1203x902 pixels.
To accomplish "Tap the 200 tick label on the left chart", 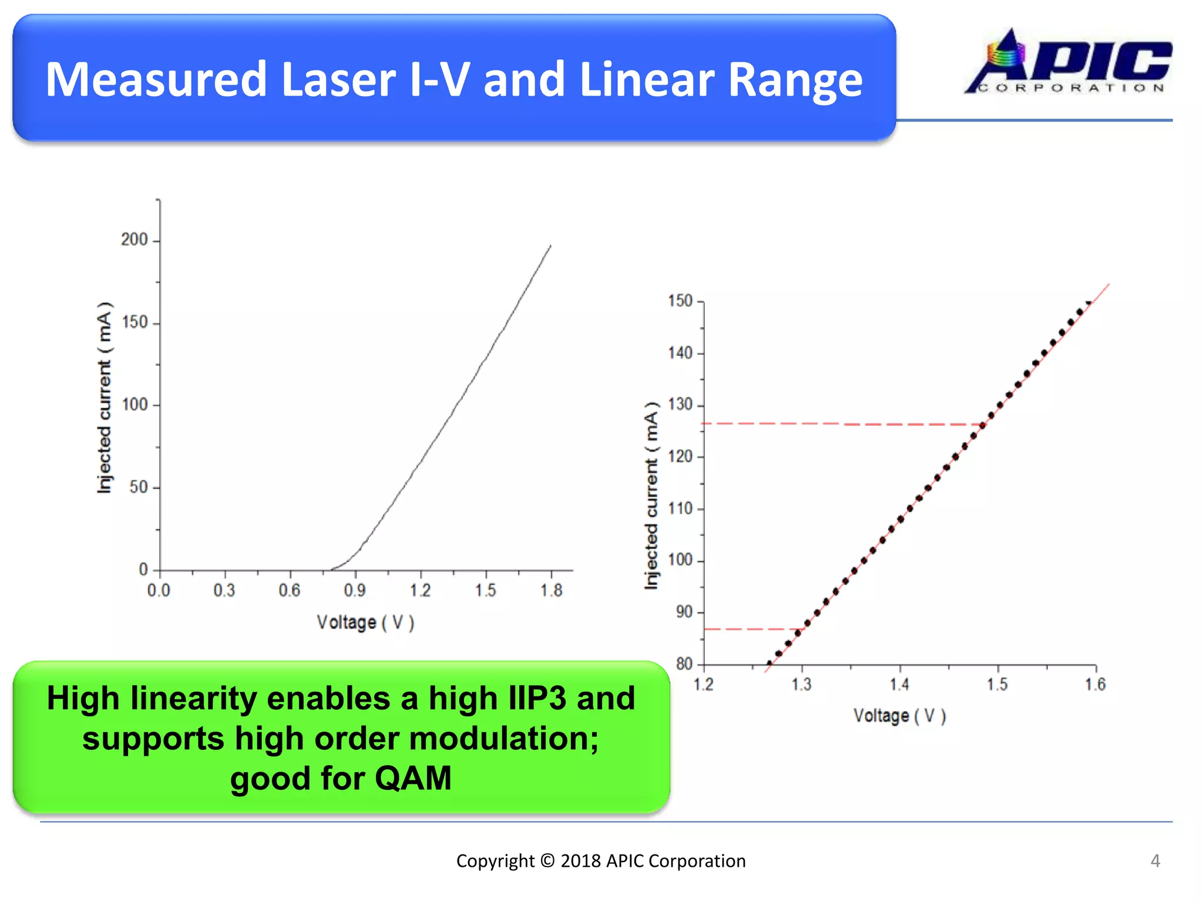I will pyautogui.click(x=135, y=240).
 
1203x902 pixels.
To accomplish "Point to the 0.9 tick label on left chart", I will pyautogui.click(x=355, y=590).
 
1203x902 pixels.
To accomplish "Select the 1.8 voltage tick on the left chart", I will pyautogui.click(x=551, y=590).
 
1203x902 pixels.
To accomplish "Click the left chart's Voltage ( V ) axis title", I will pyautogui.click(x=365, y=622).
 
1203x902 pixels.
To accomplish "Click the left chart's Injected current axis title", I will pyautogui.click(x=104, y=398).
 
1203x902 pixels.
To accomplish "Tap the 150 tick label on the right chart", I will pyautogui.click(x=680, y=301).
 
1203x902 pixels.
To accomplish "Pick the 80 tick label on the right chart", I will pyautogui.click(x=684, y=664).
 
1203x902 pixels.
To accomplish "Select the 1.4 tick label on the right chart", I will pyautogui.click(x=899, y=685).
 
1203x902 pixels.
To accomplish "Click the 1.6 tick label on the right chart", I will pyautogui.click(x=1095, y=685).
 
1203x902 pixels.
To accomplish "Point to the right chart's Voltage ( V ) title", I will pyautogui.click(x=899, y=716).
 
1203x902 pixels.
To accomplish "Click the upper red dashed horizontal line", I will pyautogui.click(x=840, y=423).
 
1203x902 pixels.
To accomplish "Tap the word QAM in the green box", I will pyautogui.click(x=413, y=778).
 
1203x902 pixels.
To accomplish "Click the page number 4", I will pyautogui.click(x=1155, y=861).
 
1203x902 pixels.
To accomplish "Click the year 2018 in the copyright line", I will pyautogui.click(x=581, y=861).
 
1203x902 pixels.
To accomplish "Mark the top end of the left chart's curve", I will pyautogui.click(x=550, y=246).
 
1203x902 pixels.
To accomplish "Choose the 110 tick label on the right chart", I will pyautogui.click(x=680, y=509).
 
